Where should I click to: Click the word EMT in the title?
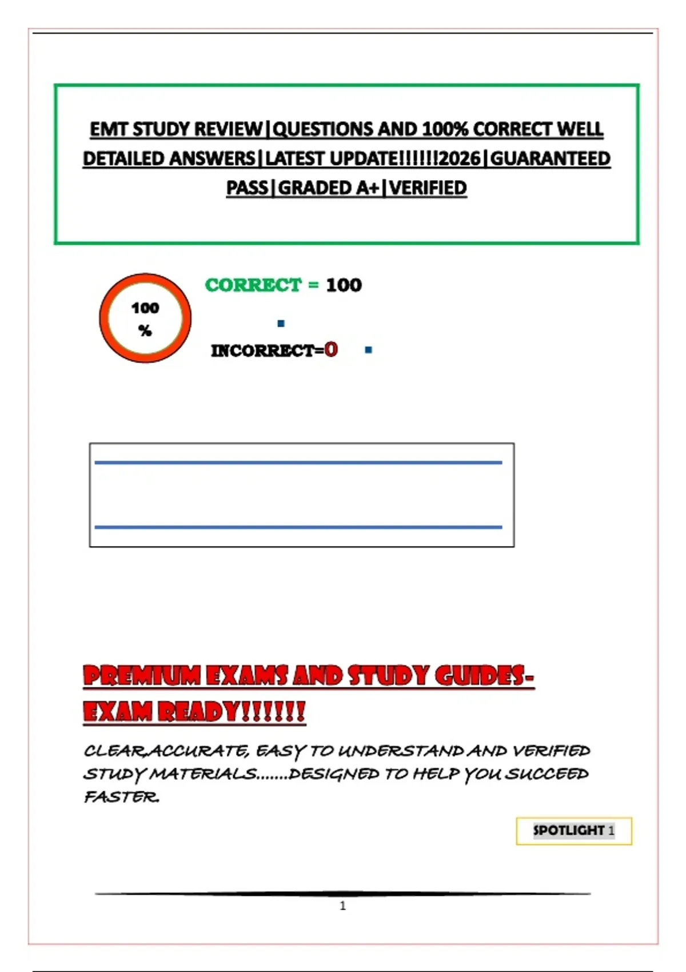point(109,129)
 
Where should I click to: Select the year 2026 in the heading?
point(460,158)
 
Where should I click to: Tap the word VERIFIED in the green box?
point(428,188)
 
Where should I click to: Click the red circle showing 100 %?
point(145,318)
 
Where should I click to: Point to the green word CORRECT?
point(253,285)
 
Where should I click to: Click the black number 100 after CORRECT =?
point(344,285)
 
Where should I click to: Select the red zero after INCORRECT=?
point(331,349)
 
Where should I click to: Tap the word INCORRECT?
point(262,350)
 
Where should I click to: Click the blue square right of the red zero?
point(368,350)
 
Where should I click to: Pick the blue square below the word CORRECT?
point(281,324)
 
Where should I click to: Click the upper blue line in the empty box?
point(298,463)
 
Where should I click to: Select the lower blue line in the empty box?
point(298,527)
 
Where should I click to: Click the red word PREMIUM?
point(141,676)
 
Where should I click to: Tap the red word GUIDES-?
point(484,676)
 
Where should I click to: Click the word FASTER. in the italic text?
point(122,796)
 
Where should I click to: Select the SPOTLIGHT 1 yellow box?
point(573,831)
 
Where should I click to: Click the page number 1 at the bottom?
point(343,906)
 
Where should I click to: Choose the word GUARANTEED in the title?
point(551,158)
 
